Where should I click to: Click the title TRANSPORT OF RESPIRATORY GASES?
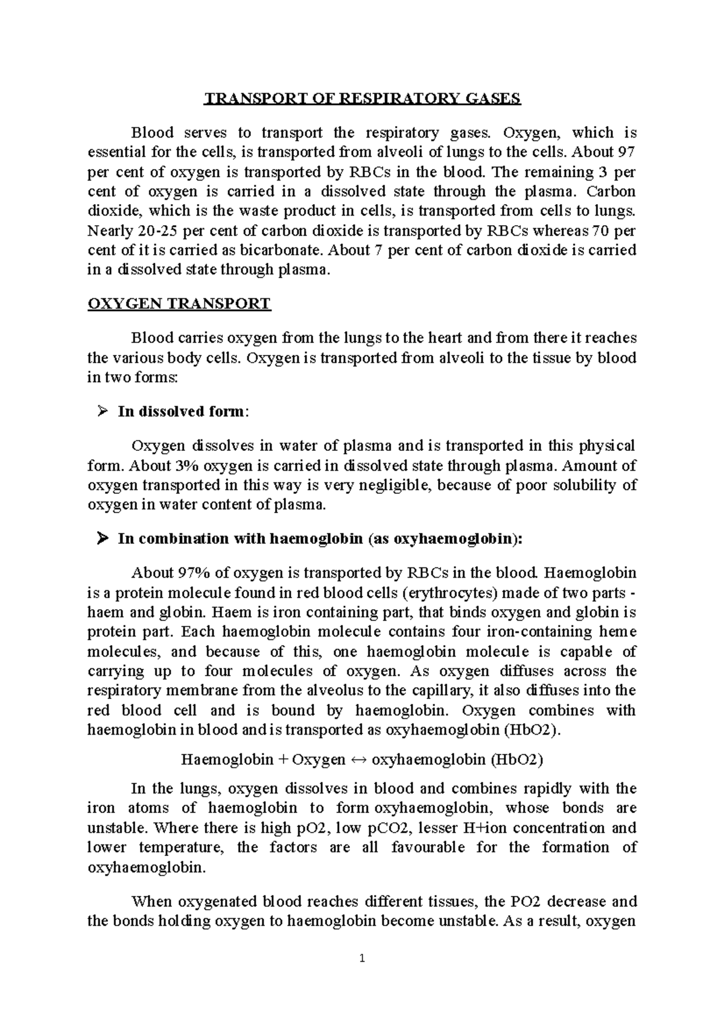point(361,98)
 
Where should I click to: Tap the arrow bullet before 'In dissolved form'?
point(101,412)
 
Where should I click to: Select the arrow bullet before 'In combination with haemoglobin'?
point(101,538)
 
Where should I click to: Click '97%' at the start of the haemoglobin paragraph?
point(191,573)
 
